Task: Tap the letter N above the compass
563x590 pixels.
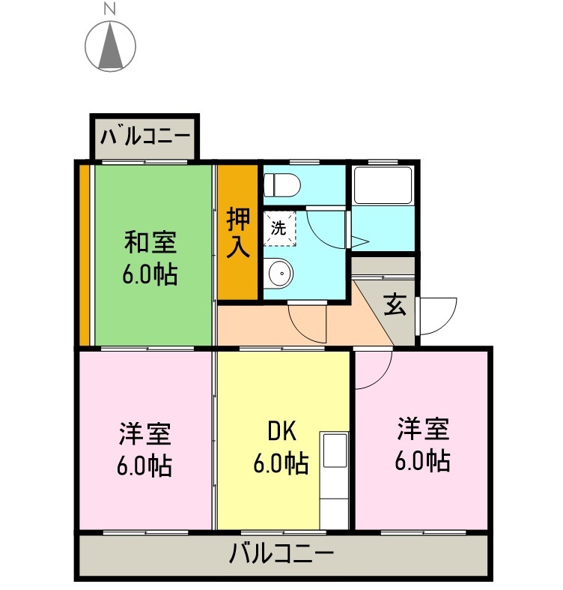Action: tap(109, 9)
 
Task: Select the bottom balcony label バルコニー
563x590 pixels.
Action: tap(281, 555)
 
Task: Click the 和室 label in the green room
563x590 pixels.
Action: tap(150, 244)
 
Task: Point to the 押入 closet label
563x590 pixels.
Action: tap(238, 233)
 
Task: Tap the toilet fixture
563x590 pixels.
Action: tap(282, 184)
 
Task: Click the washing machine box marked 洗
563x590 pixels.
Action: tap(279, 230)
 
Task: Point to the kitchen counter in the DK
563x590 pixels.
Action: tap(335, 480)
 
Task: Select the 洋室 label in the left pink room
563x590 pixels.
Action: tap(144, 433)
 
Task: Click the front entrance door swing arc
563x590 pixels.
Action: tap(439, 316)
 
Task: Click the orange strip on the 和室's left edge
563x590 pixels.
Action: tap(85, 255)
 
